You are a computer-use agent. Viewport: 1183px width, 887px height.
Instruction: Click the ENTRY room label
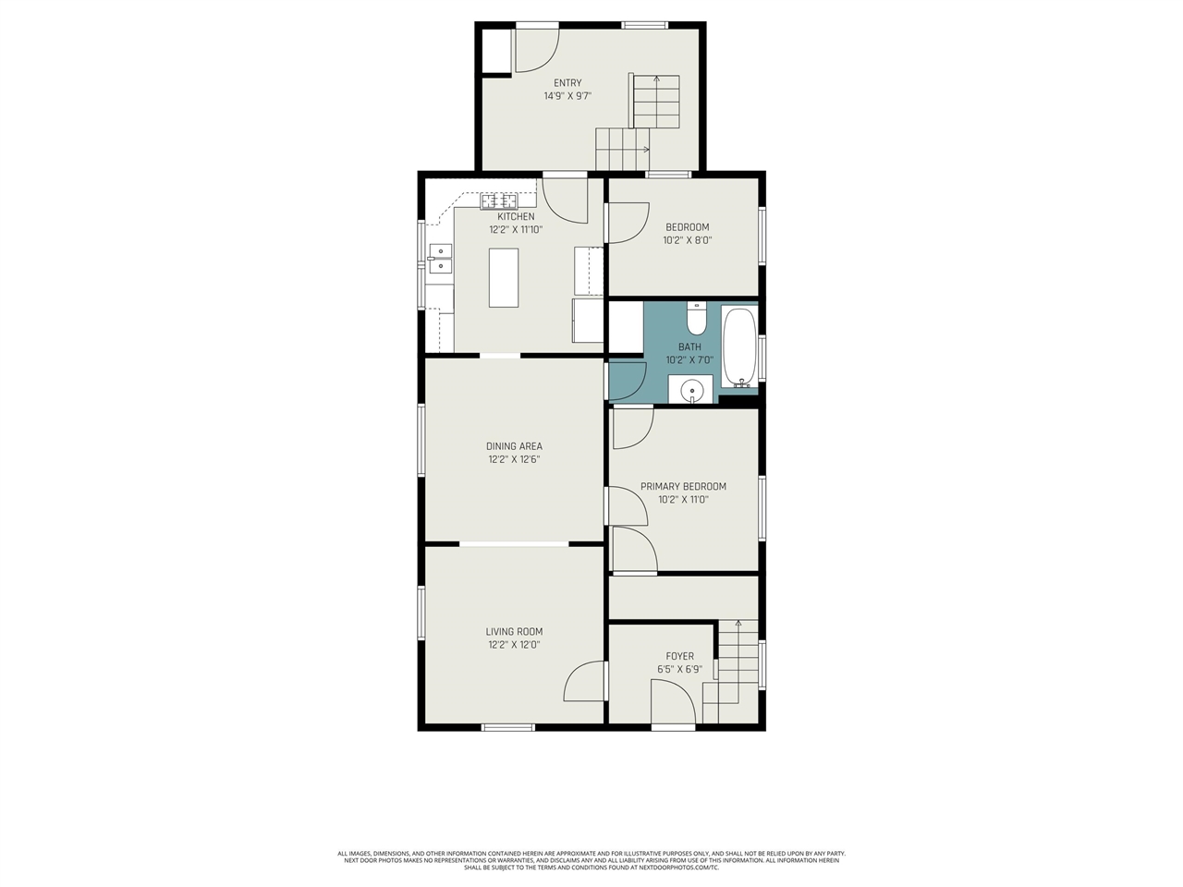pyautogui.click(x=567, y=83)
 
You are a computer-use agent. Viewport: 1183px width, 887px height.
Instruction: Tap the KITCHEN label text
pyautogui.click(x=516, y=217)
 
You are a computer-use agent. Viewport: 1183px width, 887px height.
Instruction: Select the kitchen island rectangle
pyautogui.click(x=504, y=277)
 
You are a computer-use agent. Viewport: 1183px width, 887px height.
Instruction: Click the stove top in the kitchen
pyautogui.click(x=498, y=200)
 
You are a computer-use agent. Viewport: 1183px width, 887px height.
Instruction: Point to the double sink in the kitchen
pyautogui.click(x=441, y=259)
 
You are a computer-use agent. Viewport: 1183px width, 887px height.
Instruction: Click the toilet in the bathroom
pyautogui.click(x=697, y=319)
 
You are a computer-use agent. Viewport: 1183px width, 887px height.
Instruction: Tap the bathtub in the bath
pyautogui.click(x=739, y=346)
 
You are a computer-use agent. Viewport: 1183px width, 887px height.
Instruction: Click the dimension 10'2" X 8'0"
pyautogui.click(x=687, y=240)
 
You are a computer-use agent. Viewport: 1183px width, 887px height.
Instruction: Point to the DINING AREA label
pyautogui.click(x=514, y=446)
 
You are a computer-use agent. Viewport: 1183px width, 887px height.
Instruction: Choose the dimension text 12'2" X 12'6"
pyautogui.click(x=514, y=459)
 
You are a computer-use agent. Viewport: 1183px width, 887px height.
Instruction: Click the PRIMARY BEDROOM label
pyautogui.click(x=683, y=486)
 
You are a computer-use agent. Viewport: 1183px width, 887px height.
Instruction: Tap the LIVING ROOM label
pyautogui.click(x=514, y=632)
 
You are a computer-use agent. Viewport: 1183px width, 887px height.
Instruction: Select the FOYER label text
pyautogui.click(x=679, y=656)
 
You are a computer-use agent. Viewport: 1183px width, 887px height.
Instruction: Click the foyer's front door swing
pyautogui.click(x=672, y=702)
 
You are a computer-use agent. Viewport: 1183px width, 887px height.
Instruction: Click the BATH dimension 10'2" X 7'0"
pyautogui.click(x=689, y=360)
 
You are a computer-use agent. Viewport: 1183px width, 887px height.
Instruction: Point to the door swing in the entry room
pyautogui.click(x=536, y=51)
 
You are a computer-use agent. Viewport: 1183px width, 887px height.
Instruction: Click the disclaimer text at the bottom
pyautogui.click(x=591, y=860)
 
